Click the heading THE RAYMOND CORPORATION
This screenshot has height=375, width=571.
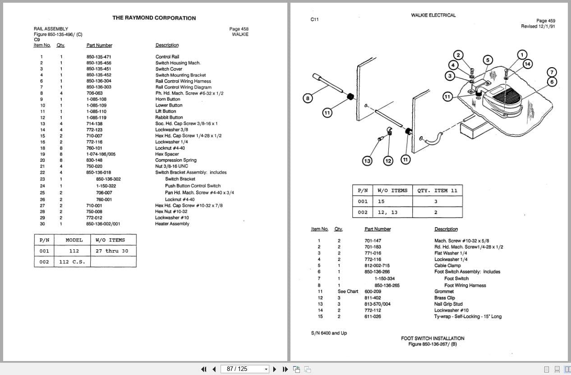pos(154,18)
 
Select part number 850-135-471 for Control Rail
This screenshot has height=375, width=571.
pos(99,57)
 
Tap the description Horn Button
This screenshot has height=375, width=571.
pos(168,99)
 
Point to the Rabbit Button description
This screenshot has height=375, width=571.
pos(169,118)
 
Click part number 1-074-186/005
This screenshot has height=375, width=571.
pos(101,154)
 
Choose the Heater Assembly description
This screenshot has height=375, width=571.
pos(172,224)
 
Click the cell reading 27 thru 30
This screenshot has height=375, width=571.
pos(112,251)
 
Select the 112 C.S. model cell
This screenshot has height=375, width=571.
pos(72,262)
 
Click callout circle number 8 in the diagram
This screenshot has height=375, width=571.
pos(308,98)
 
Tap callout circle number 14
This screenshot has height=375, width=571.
pos(527,64)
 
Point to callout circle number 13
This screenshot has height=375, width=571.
pos(367,161)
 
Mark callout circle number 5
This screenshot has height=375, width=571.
pos(488,60)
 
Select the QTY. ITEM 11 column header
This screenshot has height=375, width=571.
pos(437,191)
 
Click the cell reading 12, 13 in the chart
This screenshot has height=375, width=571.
pos(387,212)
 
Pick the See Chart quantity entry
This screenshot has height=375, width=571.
pos(348,291)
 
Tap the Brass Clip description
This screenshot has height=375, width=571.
pos(445,298)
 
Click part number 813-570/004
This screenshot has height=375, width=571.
pos(377,304)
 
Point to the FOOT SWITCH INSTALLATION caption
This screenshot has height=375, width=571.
pos(433,338)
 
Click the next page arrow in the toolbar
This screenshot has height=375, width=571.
pos(274,369)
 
